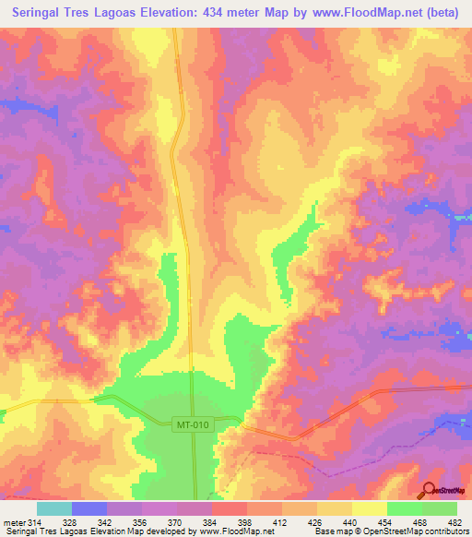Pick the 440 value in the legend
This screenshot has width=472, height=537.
point(351,523)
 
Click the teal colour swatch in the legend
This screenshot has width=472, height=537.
point(54,508)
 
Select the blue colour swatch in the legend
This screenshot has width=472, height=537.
point(89,508)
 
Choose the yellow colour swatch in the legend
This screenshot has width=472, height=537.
point(369,508)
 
